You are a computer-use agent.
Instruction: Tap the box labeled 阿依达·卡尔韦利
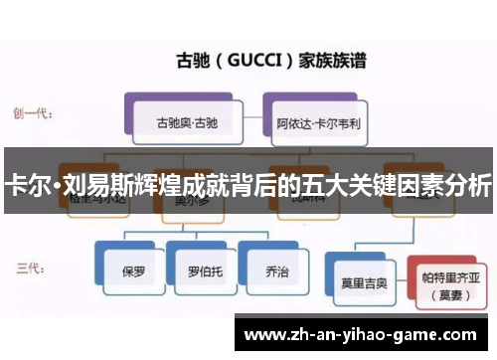(318, 126)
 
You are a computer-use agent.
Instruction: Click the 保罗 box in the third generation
(133, 270)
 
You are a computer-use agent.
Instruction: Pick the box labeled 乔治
(271, 270)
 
